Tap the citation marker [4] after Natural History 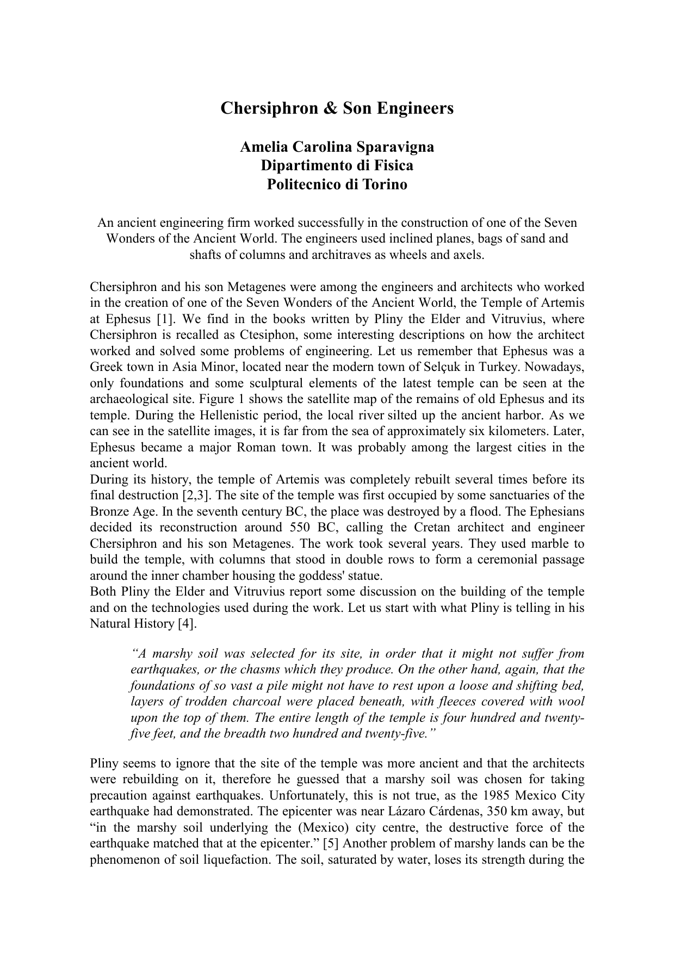coord(187,624)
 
